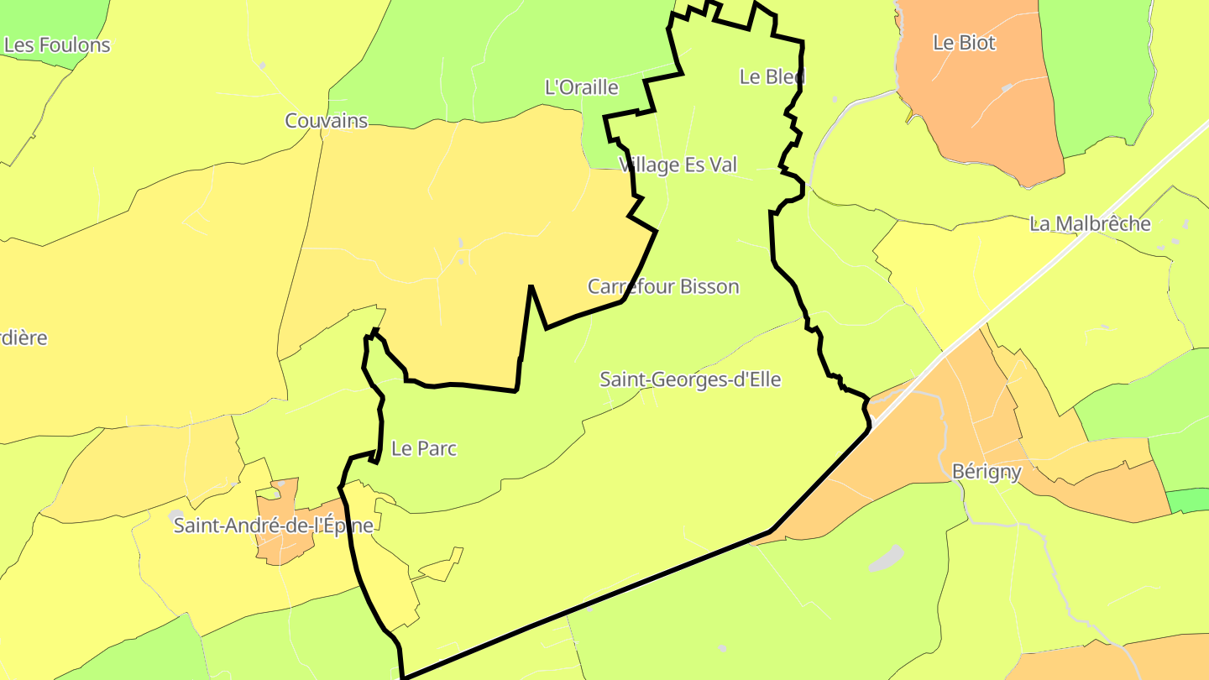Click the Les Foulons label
pos(57,45)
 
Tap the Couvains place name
pos(327,121)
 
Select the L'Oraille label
pos(582,87)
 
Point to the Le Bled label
pos(772,76)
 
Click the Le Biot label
pos(964,43)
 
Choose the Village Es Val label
pos(678,165)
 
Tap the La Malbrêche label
pos(1090,224)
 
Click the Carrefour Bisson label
pos(663,287)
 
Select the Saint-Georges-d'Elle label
pos(690,379)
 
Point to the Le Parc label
pos(424,448)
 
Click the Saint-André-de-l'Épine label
pos(273,526)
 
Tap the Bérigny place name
pos(987,472)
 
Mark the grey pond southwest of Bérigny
pos(886,558)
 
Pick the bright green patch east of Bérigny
pos(1188,500)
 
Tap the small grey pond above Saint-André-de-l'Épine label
pos(175,514)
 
